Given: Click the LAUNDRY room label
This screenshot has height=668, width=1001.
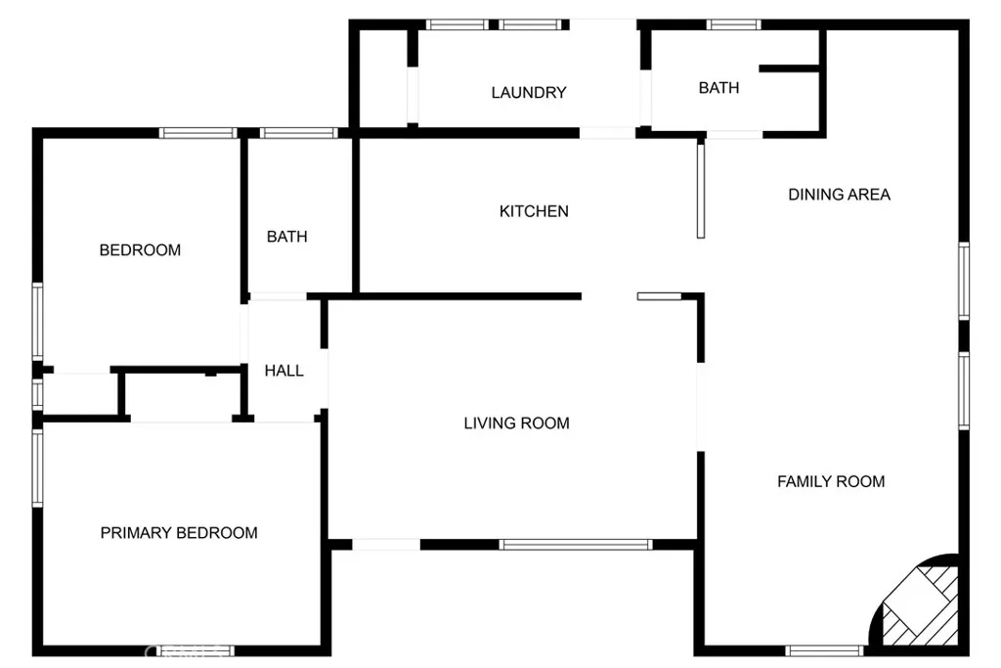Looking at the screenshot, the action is pos(529,93).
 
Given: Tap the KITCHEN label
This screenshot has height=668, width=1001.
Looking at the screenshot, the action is pos(534,211).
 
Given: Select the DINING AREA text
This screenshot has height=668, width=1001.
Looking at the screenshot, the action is pos(839,195).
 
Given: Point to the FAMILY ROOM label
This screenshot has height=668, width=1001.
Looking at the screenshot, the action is pos(831,481).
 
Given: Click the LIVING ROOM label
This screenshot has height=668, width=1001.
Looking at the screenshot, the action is pos(516,423).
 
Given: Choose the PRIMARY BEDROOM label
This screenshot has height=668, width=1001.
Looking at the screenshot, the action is pos(179,533).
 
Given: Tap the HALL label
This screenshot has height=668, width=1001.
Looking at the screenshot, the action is pos(283,371).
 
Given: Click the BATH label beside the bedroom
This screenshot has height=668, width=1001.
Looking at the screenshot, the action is pos(286,237).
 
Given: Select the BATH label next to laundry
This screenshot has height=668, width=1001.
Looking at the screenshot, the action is pos(718,88).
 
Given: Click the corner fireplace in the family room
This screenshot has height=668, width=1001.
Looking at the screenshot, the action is pos(919,603).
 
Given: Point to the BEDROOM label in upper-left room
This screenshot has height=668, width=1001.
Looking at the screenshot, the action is pos(140,250).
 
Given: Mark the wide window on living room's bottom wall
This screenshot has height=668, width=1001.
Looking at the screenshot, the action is pos(576,545).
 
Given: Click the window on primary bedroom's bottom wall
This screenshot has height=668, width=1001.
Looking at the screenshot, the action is pos(196,651).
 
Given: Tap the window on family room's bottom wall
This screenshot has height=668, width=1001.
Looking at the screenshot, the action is pos(824,651).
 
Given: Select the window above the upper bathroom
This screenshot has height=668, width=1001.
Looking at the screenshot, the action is pos(733,24).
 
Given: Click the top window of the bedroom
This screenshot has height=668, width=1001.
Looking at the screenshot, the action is pos(197,133).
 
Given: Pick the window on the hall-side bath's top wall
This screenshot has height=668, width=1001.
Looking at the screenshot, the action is pos(298,133).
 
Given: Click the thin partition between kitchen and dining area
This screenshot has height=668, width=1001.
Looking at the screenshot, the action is pos(700,191).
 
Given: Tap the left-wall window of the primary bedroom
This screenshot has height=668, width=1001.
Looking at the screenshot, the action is pos(38,468).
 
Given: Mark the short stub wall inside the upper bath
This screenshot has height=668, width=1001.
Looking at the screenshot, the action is pos(789,68).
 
